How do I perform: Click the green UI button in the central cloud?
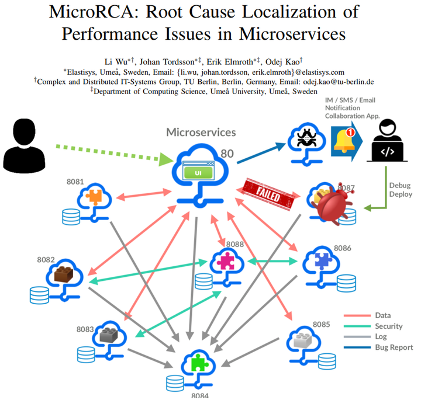tap(196, 173)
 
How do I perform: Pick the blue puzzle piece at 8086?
tap(321, 261)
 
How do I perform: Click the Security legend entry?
tap(387, 326)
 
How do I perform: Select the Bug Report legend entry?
tap(392, 347)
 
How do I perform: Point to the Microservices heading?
tap(201, 133)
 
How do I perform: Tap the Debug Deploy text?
tap(401, 189)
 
